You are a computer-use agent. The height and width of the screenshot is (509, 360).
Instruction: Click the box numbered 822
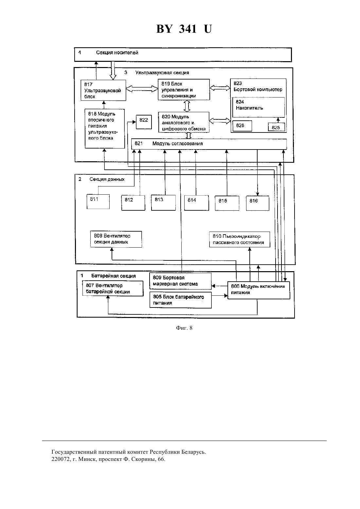(x=144, y=122)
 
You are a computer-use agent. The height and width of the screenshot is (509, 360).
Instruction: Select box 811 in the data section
(x=98, y=202)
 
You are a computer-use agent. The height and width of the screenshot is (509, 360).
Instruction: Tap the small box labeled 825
(x=276, y=127)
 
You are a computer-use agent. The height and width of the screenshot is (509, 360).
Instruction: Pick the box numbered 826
(x=242, y=126)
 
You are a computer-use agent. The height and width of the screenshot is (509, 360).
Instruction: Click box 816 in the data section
(x=258, y=203)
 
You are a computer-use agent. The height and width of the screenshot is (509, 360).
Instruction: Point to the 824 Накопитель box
(x=259, y=107)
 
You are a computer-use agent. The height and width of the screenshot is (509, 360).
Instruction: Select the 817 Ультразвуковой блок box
(x=103, y=90)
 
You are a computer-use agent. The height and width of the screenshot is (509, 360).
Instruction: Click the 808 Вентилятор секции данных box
(x=116, y=239)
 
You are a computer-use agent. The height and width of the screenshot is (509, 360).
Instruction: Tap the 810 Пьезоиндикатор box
(x=240, y=239)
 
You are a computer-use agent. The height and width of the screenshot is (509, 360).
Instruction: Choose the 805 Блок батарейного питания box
(x=180, y=300)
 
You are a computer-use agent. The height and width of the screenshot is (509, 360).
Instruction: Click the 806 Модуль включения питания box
(x=259, y=290)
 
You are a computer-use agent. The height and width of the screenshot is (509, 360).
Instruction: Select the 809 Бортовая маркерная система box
(x=180, y=281)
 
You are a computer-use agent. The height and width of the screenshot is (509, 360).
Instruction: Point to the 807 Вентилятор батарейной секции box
(x=113, y=289)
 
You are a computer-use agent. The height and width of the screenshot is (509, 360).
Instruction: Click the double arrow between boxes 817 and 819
(x=142, y=89)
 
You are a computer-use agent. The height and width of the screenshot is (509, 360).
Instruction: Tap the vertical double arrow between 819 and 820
(x=187, y=106)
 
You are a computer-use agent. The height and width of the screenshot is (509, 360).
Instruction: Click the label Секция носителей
(x=117, y=53)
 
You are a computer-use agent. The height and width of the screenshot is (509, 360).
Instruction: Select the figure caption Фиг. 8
(x=184, y=328)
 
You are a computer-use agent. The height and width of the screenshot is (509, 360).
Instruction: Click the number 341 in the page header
(x=188, y=29)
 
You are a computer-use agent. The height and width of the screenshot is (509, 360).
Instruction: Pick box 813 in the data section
(x=163, y=203)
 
